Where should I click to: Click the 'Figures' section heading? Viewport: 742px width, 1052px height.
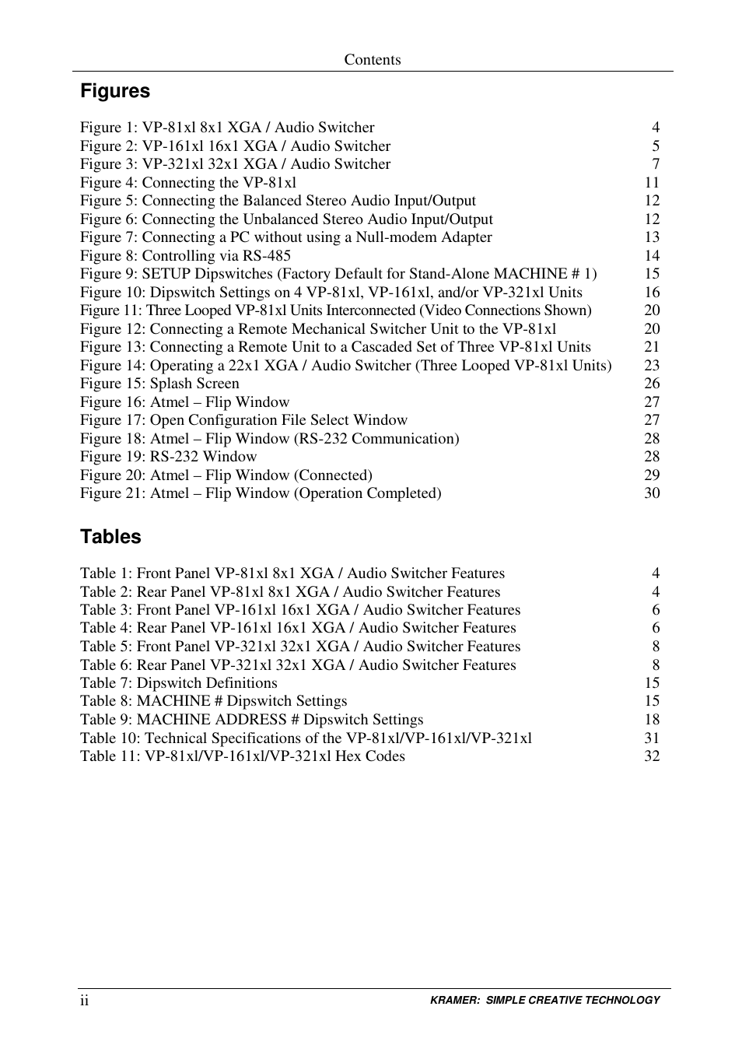point(115,91)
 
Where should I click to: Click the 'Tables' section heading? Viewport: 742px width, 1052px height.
point(110,537)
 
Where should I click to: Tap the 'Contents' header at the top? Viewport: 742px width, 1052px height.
point(373,60)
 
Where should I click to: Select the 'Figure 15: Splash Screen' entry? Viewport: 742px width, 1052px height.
point(159,384)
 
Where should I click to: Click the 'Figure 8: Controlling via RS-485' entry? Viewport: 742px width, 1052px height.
point(185,256)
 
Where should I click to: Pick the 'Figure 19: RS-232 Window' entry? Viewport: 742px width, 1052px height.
point(168,457)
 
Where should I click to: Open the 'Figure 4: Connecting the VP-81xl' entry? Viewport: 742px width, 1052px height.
point(187,183)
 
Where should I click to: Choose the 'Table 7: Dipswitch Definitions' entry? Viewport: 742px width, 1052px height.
point(178,683)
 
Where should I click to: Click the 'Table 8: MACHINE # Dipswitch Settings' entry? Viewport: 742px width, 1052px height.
point(213,701)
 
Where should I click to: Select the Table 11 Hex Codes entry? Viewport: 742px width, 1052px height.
point(242,756)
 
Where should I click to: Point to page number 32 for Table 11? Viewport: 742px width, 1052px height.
point(652,756)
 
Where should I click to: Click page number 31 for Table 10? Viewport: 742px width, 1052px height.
point(652,738)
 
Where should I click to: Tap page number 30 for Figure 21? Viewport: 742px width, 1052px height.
point(652,493)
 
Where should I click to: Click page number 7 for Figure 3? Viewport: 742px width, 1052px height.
point(656,164)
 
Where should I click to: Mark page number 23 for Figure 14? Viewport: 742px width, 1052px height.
point(652,366)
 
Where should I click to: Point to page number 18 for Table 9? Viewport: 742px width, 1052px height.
point(652,720)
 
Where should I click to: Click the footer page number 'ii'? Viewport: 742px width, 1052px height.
point(84,1001)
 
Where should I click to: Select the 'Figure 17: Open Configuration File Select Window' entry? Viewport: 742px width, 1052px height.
point(243,420)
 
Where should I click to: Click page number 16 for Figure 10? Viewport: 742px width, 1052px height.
point(652,293)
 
